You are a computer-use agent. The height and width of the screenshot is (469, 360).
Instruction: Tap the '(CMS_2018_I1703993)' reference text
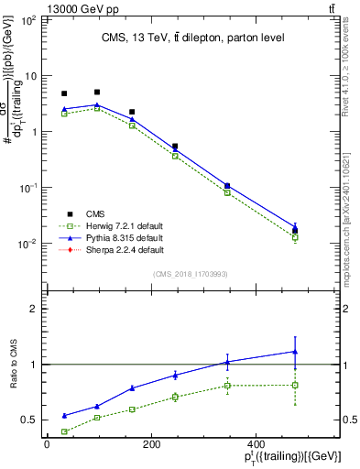coord(191,272)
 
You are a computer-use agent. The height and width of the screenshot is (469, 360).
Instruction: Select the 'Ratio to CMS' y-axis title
coord(12,365)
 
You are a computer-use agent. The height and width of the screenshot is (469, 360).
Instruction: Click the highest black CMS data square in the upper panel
coord(97,92)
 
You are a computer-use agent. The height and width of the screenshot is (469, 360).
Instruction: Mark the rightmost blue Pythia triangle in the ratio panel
coord(295,351)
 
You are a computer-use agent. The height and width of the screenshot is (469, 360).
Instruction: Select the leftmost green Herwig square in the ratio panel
coord(64,431)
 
